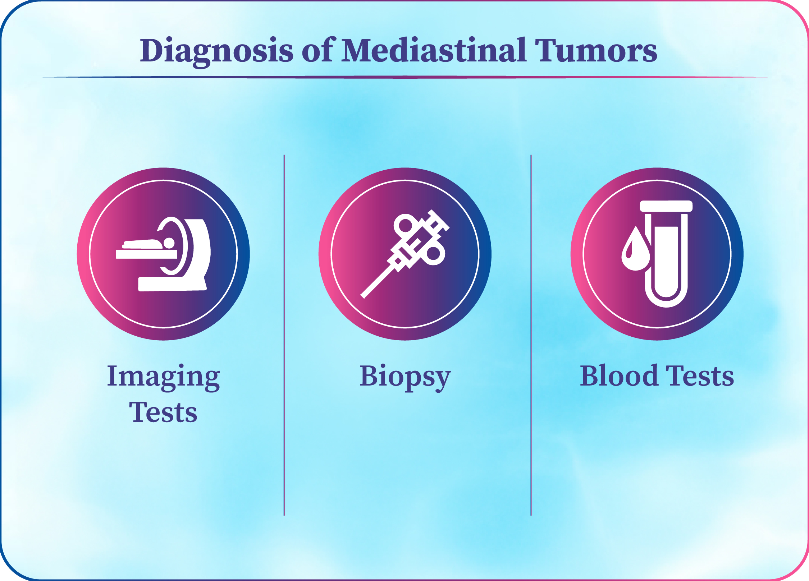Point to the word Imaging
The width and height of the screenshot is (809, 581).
pos(163,377)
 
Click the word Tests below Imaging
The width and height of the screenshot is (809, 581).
pos(163,412)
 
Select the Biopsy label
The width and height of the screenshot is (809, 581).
pos(405,377)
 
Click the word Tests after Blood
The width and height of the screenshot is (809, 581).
pos(700,376)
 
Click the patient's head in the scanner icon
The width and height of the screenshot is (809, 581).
pos(169,243)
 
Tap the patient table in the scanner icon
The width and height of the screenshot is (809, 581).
pos(146,254)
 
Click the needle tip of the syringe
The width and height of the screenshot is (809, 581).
pos(363,296)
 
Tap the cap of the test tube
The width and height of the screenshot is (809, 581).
pos(666,206)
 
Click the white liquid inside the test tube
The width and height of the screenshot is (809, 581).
pos(666,262)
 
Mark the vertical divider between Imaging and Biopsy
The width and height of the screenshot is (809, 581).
pos(284,335)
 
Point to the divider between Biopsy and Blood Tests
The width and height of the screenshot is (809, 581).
pos(531,335)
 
